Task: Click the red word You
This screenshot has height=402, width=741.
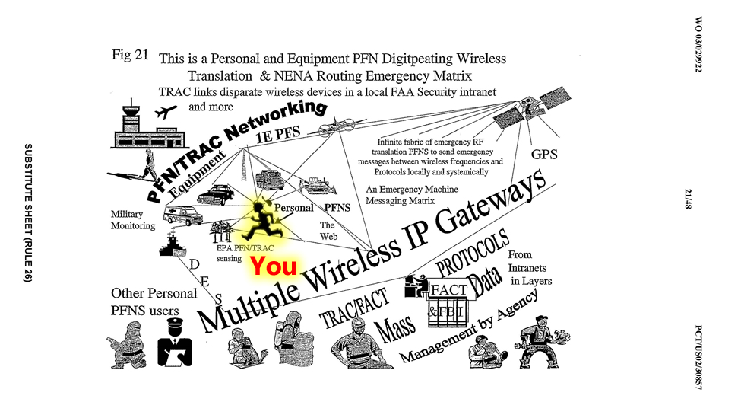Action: tap(274, 266)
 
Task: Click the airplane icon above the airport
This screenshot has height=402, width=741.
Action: tap(165, 113)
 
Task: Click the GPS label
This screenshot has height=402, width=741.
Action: tap(544, 155)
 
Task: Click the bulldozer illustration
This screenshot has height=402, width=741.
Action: tap(317, 184)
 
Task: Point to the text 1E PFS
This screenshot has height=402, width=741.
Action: tap(278, 132)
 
